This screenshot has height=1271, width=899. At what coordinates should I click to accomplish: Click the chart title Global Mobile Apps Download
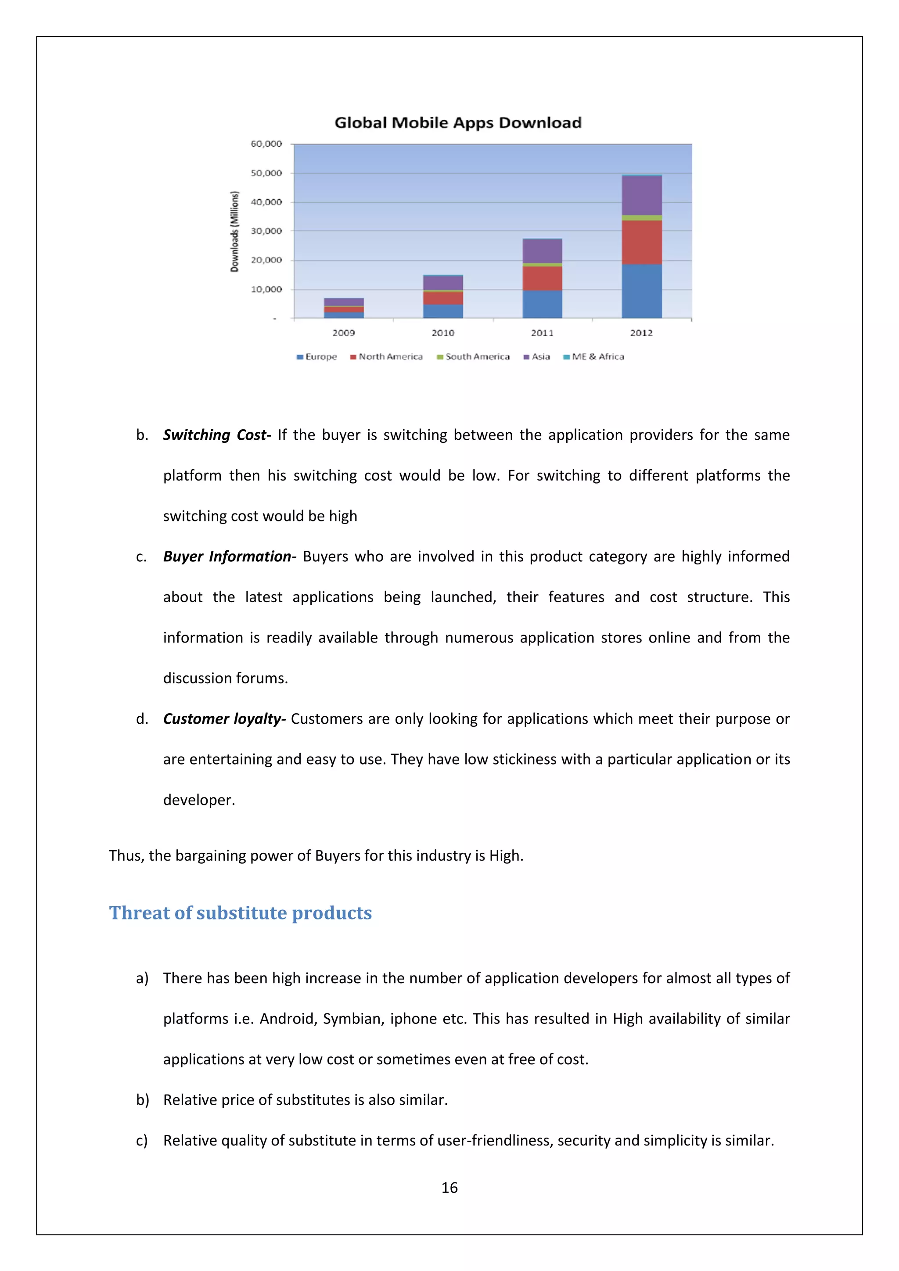pos(458,122)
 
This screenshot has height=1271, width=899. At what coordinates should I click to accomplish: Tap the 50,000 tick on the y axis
pos(266,173)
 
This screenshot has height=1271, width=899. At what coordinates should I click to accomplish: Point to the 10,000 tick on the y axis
pos(266,290)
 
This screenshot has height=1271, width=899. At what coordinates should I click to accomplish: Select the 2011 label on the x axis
pos(542,333)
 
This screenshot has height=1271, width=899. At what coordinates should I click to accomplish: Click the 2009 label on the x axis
pos(344,333)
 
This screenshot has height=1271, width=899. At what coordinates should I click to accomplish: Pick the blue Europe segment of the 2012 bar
pos(642,291)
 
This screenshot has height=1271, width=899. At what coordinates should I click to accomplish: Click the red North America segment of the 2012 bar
pos(642,242)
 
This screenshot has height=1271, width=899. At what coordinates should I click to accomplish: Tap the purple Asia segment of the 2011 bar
pos(542,251)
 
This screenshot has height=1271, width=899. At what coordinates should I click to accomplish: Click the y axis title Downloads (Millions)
pos(235,231)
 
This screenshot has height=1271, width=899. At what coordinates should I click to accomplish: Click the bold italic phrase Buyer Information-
pos(230,557)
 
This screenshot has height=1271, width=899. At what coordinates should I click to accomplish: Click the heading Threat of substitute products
pos(240,913)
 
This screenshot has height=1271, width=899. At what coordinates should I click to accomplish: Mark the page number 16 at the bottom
pos(449,1188)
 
